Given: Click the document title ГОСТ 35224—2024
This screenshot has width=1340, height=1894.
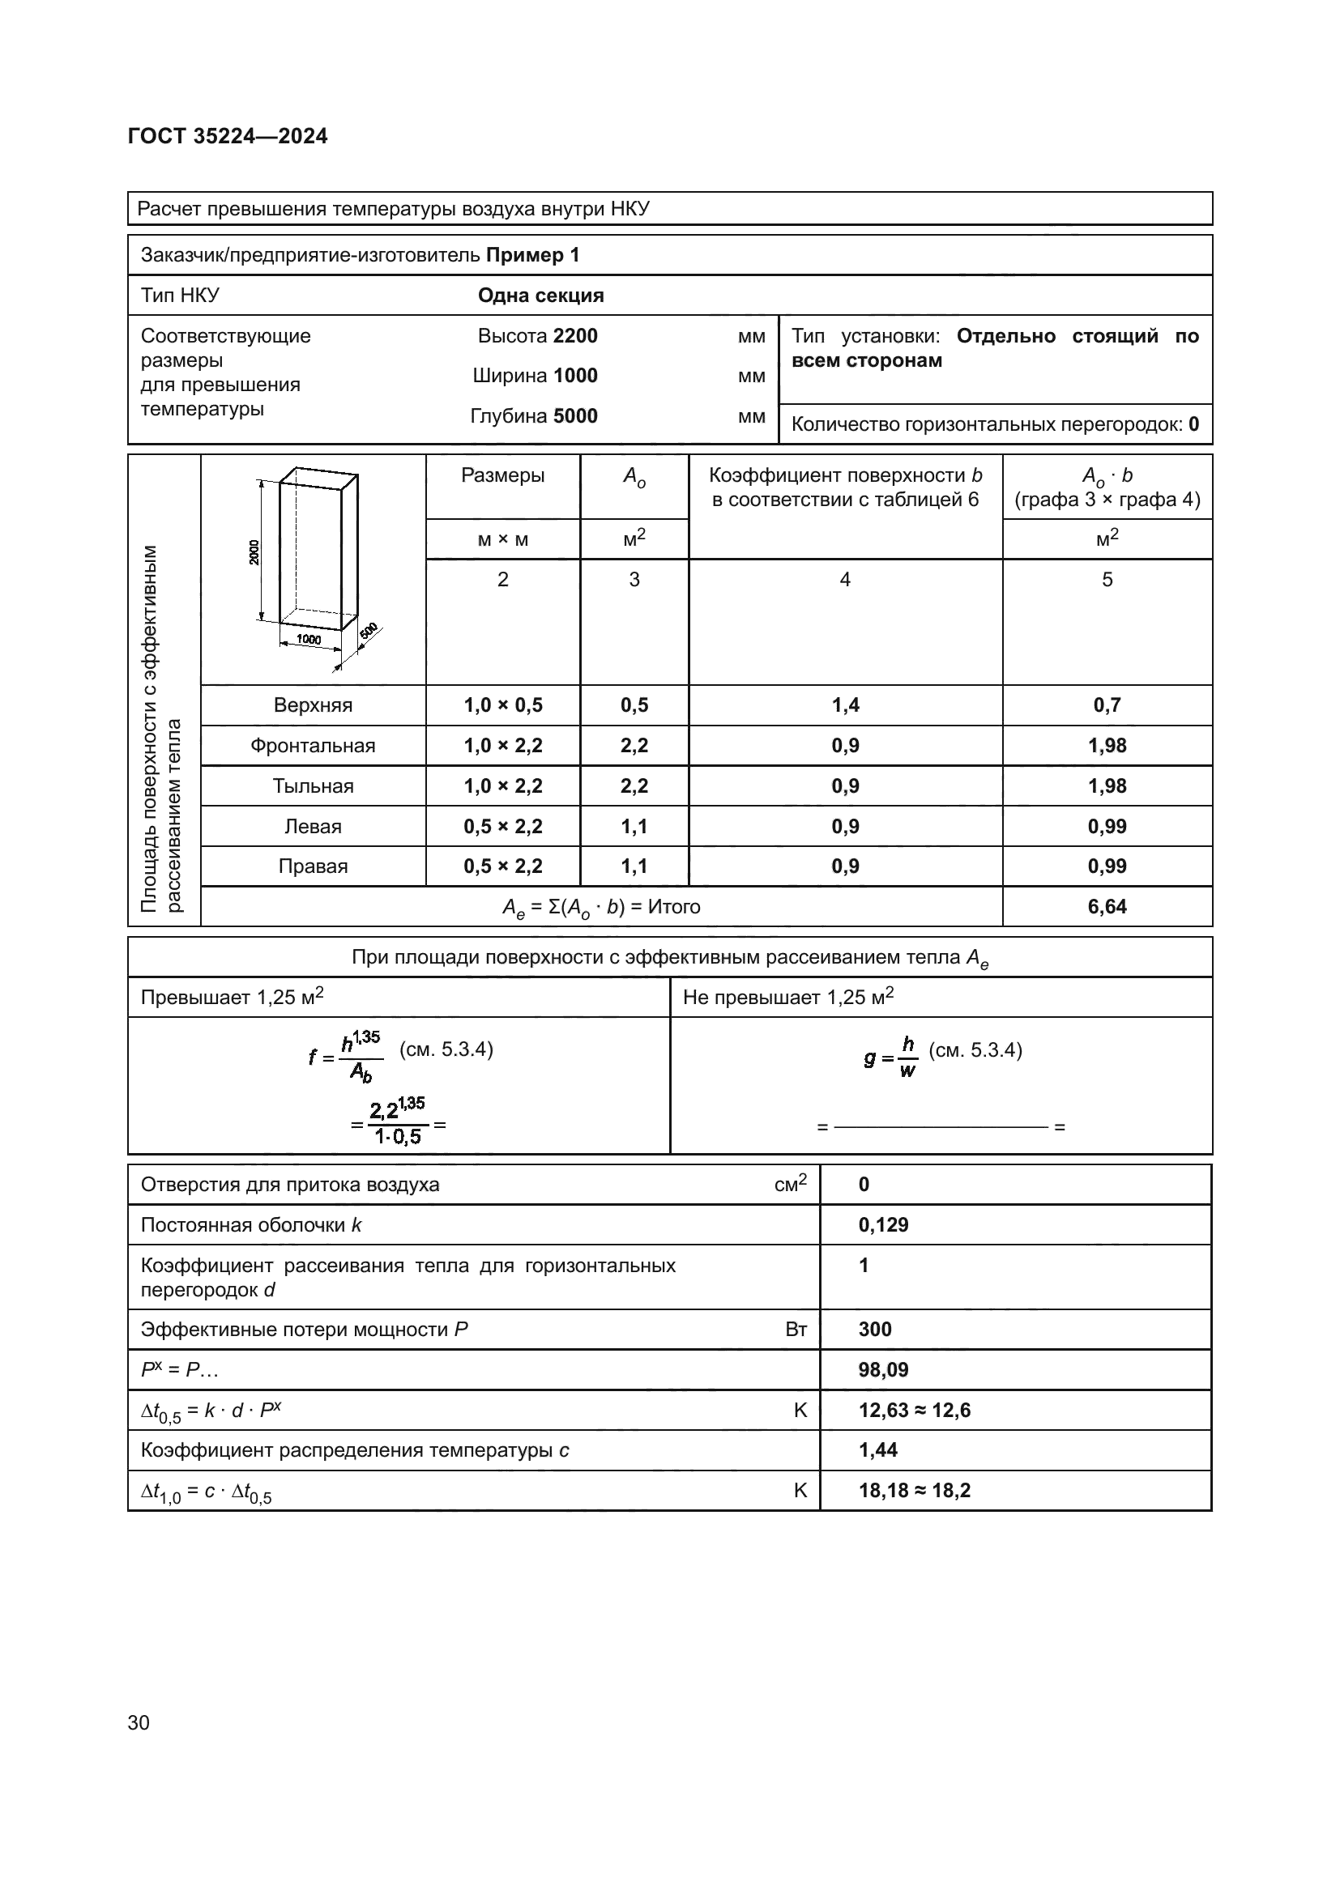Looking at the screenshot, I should click(x=228, y=136).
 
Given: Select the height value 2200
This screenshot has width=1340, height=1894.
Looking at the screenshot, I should click(x=575, y=336).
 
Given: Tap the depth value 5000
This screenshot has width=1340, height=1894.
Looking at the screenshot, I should click(x=575, y=415).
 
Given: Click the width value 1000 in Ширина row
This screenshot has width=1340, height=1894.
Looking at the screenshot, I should click(x=575, y=376).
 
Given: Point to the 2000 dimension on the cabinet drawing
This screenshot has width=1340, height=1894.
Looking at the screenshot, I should click(x=254, y=551).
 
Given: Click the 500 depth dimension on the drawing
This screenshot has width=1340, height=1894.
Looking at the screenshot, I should click(x=368, y=631).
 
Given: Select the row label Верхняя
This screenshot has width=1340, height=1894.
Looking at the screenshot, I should click(x=313, y=705).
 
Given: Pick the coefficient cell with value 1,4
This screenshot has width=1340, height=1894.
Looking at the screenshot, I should click(x=845, y=705).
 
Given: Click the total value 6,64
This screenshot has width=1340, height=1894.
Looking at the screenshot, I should click(x=1107, y=907).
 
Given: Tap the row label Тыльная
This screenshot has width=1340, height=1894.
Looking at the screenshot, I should click(x=313, y=786).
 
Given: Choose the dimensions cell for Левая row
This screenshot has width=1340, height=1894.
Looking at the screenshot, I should click(x=502, y=827).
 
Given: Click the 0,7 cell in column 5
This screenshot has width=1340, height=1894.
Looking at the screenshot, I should click(x=1107, y=705).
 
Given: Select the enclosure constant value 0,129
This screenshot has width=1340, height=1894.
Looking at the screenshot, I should click(x=883, y=1224).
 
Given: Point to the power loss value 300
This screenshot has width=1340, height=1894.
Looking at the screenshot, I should click(x=875, y=1329).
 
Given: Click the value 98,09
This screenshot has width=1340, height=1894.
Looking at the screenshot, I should click(x=883, y=1369).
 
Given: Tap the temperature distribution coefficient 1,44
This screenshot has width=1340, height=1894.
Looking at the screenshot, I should click(x=878, y=1449).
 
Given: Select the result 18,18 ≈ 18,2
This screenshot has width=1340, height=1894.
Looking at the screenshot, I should click(x=914, y=1490).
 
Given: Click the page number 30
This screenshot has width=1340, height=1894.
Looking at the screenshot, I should click(x=139, y=1722).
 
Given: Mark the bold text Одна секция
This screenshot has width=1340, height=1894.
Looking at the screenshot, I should click(x=540, y=296).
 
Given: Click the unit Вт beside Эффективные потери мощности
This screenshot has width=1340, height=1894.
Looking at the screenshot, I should click(x=796, y=1330).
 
